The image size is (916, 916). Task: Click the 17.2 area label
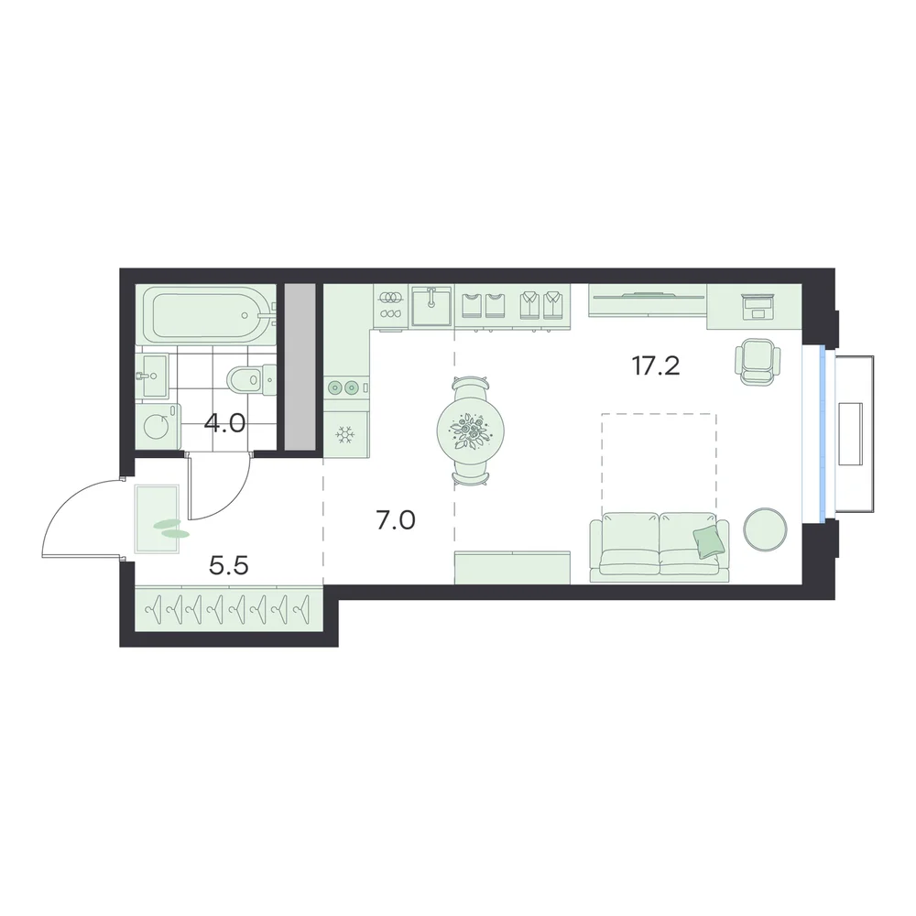click(x=656, y=366)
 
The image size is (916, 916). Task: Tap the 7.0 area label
click(x=396, y=520)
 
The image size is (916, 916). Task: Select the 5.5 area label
click(x=229, y=565)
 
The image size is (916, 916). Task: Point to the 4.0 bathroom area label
click(x=225, y=423)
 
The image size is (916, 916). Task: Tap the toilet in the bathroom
click(x=251, y=379)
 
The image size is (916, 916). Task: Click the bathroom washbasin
click(x=151, y=376)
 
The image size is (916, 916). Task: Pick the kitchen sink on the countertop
click(x=431, y=306)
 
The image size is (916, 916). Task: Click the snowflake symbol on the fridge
click(x=344, y=434)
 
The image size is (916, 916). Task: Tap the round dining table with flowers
click(x=470, y=431)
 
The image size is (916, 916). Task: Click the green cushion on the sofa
click(x=709, y=540)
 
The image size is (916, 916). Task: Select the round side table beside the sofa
click(x=765, y=529)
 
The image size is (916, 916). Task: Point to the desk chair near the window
click(x=758, y=362)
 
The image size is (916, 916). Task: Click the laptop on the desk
click(x=758, y=307)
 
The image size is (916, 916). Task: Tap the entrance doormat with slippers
click(x=157, y=518)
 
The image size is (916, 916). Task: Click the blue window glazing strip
click(x=823, y=431)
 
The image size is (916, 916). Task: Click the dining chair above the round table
click(x=470, y=387)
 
